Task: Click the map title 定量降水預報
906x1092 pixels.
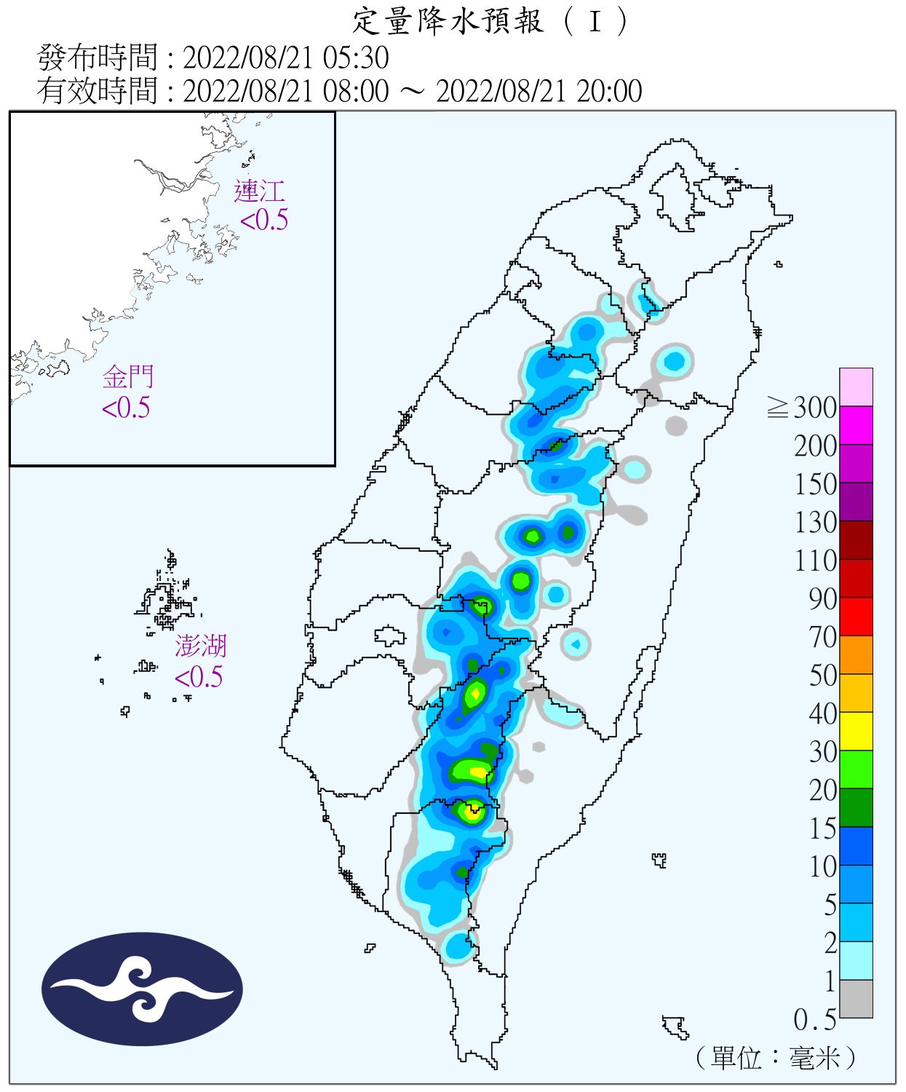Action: pos(448,21)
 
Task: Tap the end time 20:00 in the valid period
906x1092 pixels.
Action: pos(609,92)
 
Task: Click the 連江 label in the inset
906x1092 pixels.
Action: pos(259,191)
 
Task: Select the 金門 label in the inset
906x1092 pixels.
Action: pos(128,377)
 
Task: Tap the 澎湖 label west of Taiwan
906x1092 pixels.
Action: pos(200,646)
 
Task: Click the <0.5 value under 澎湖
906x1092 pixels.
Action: pos(199,677)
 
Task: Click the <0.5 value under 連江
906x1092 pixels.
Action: pos(264,220)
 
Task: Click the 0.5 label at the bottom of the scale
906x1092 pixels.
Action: pos(814,1020)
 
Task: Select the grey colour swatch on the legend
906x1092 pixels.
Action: pos(856,999)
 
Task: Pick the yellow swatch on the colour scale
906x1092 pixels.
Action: pos(856,731)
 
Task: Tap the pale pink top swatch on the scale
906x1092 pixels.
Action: pos(856,387)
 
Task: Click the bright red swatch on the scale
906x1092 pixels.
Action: pos(856,616)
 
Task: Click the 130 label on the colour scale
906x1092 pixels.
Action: pos(815,523)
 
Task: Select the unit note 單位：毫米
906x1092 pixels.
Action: pos(776,1058)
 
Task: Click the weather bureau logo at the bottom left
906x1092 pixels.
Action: pos(142,989)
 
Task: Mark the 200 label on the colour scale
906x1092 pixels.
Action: pos(815,446)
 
